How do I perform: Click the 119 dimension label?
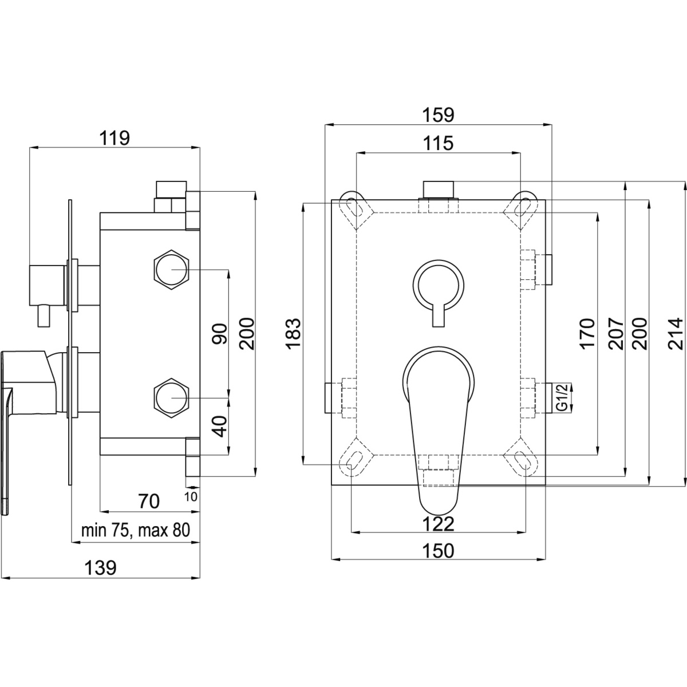114,138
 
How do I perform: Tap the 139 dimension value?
101,567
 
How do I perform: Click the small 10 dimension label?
192,496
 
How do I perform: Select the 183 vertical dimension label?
293,333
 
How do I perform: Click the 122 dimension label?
439,523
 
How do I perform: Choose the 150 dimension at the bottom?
439,551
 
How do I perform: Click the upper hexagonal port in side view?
171,269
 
